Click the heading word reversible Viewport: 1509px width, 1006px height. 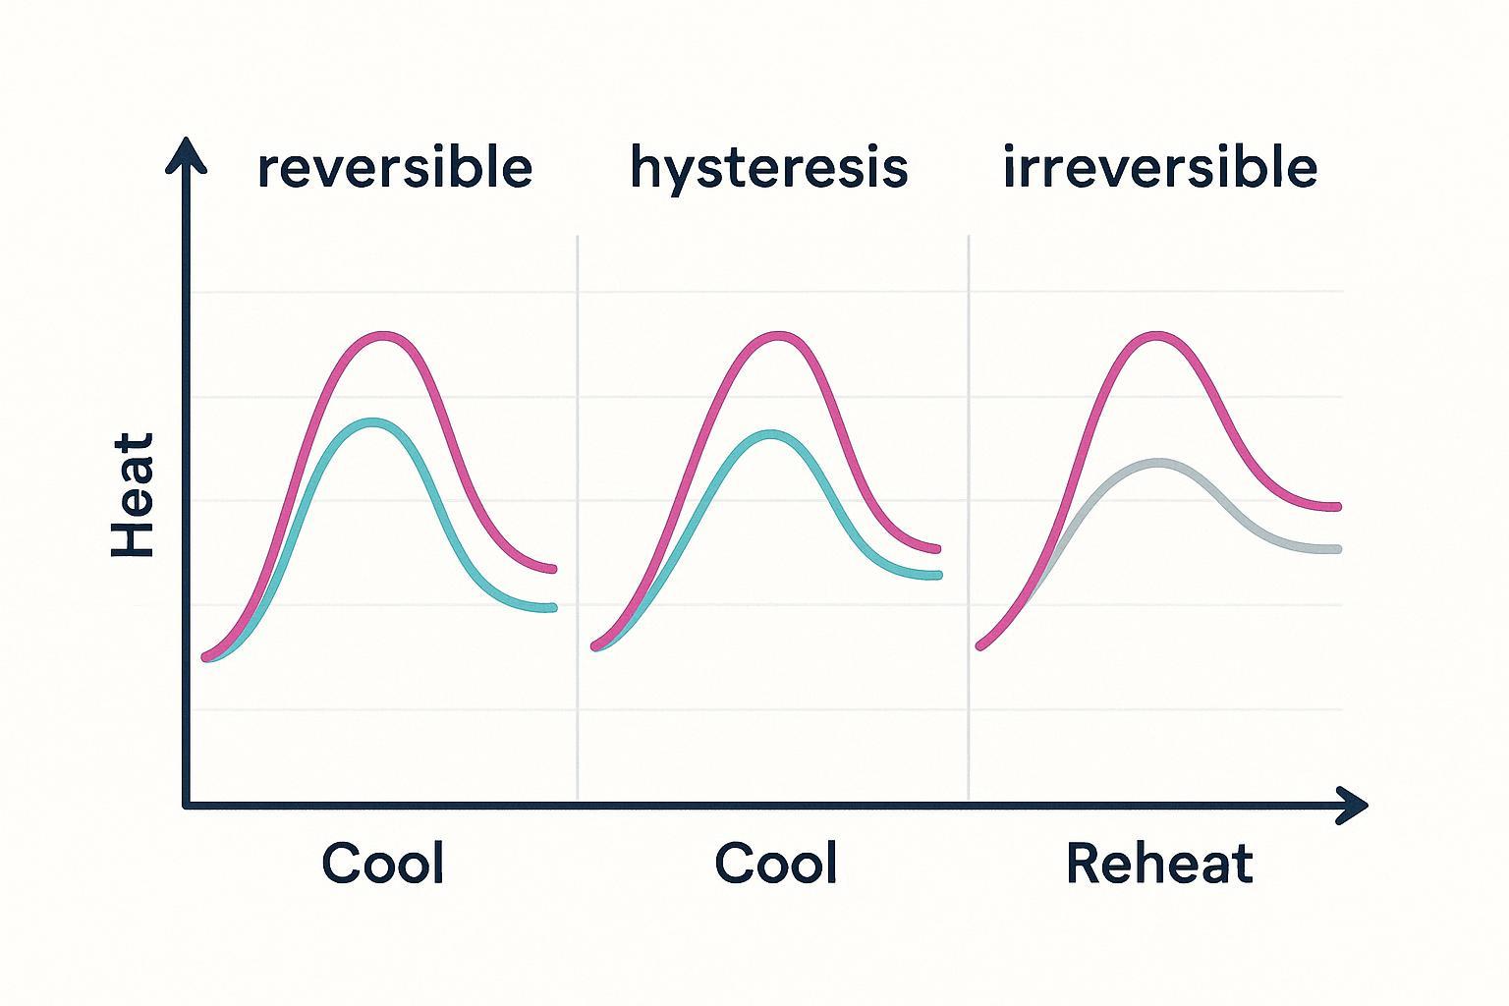[x=394, y=168]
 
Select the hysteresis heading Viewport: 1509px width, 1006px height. [x=768, y=168]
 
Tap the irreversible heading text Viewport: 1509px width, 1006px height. [x=1159, y=168]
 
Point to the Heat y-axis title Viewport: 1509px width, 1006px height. [x=134, y=495]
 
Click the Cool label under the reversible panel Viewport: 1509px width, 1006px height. [x=382, y=864]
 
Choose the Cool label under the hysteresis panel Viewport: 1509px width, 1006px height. [x=775, y=864]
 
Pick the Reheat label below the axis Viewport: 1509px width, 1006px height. [x=1159, y=864]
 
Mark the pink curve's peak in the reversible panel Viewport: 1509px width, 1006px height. [x=381, y=336]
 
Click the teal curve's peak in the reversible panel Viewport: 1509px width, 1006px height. [x=373, y=422]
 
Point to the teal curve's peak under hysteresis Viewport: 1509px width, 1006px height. [x=772, y=433]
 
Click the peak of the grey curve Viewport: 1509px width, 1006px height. [x=1160, y=461]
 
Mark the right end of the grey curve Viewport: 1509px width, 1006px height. [x=1336, y=549]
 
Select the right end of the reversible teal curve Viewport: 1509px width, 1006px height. [x=552, y=608]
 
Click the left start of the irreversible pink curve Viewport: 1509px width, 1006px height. [x=980, y=645]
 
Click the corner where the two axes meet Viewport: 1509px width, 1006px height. [x=187, y=806]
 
